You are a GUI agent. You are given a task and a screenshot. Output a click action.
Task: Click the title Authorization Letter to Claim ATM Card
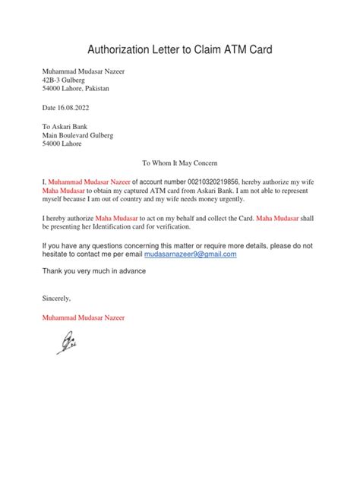[180, 50]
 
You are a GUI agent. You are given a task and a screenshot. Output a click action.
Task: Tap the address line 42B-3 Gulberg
[65, 80]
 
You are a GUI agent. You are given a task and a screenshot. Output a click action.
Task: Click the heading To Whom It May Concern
[180, 163]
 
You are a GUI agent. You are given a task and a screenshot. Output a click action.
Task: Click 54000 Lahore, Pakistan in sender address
[75, 88]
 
